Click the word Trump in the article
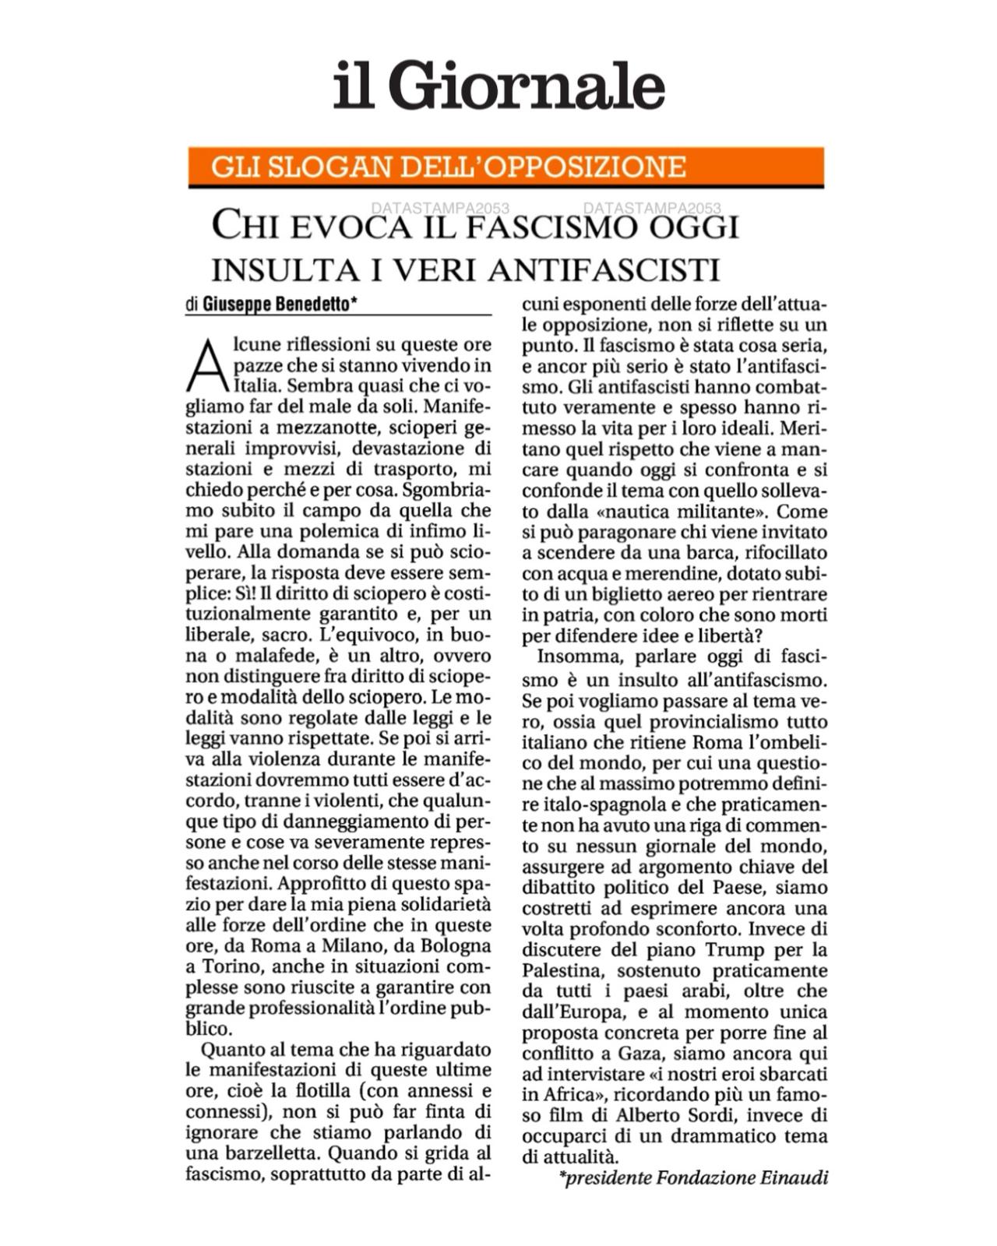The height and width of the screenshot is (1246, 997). pos(735,950)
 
